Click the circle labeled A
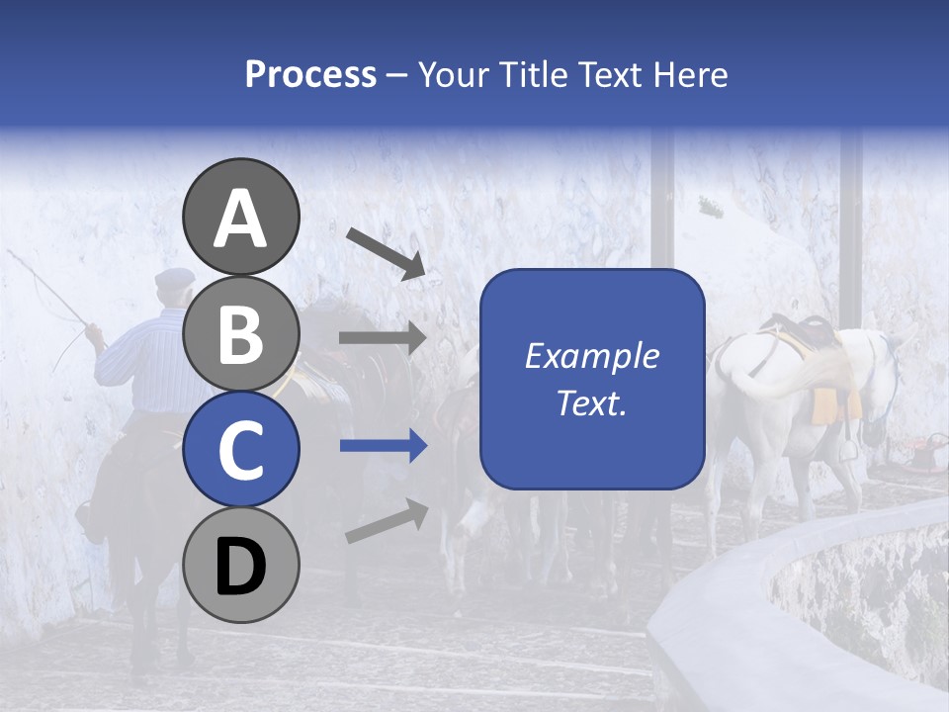point(240,217)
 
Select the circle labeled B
point(240,333)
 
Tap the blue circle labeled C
point(240,449)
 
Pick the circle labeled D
point(240,565)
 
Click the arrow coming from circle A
point(387,252)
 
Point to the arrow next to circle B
point(382,338)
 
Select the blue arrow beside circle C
point(382,446)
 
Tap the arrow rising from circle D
point(387,521)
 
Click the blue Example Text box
point(591,379)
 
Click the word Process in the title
point(310,74)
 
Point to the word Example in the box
point(591,356)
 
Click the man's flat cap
point(175,277)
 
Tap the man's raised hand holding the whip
point(94,334)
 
